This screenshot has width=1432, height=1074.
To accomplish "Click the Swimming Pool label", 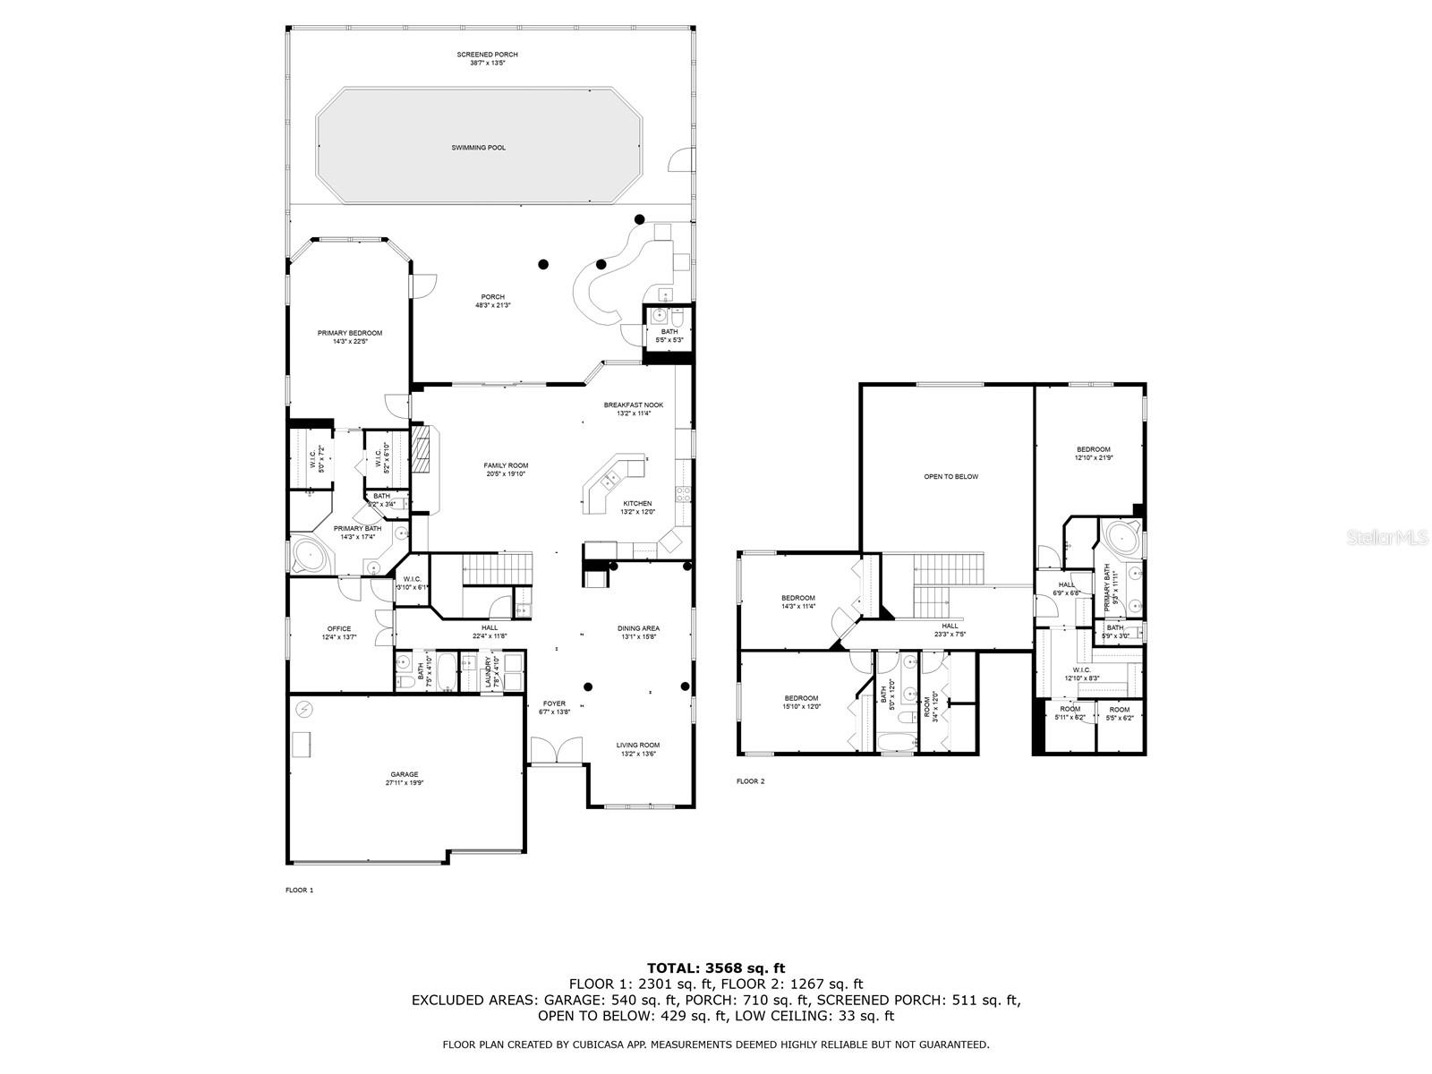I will pos(478,148).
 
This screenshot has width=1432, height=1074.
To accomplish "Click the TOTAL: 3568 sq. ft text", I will pos(716,967).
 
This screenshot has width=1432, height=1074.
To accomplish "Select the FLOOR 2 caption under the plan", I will pos(750,781).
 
